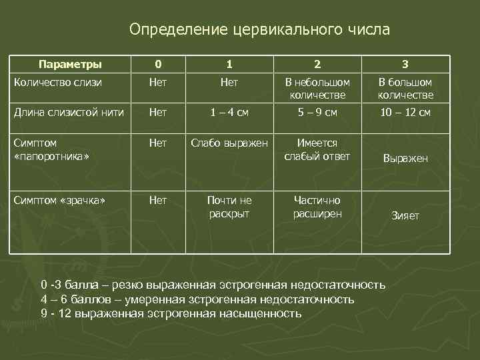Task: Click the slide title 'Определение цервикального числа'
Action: [x=260, y=30]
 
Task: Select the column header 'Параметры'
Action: [x=70, y=65]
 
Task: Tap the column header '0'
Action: [x=157, y=65]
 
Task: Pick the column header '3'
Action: [x=405, y=65]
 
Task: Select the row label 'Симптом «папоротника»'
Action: [x=51, y=149]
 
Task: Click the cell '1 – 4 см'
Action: [x=229, y=113]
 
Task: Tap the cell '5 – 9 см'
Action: [x=317, y=113]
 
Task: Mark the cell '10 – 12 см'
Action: [x=405, y=113]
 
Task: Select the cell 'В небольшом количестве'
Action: [x=317, y=89]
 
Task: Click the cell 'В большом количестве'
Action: [x=405, y=89]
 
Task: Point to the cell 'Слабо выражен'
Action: [x=229, y=143]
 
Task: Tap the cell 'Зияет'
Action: [x=405, y=216]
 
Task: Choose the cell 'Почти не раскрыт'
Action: [x=229, y=207]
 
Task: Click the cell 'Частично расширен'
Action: [x=317, y=207]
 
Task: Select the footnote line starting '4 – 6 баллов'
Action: [x=197, y=299]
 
